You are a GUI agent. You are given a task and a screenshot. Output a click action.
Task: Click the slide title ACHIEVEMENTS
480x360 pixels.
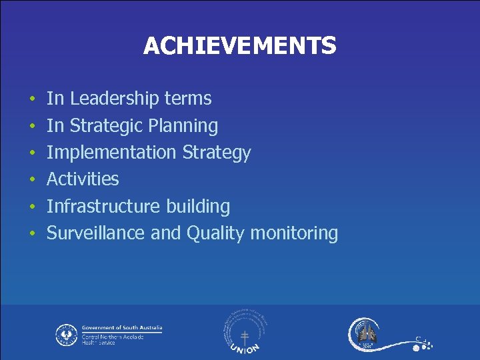pyautogui.click(x=239, y=46)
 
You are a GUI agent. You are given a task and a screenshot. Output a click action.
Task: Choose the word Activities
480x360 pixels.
pyautogui.click(x=83, y=179)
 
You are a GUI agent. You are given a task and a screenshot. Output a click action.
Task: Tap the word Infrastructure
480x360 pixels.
pyautogui.click(x=102, y=206)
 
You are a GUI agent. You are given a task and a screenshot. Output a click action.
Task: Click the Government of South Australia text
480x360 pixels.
pyautogui.click(x=122, y=328)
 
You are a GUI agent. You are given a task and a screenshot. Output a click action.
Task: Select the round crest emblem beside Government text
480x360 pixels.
pyautogui.click(x=66, y=334)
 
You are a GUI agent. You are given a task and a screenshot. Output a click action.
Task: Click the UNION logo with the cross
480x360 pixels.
pyautogui.click(x=245, y=333)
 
